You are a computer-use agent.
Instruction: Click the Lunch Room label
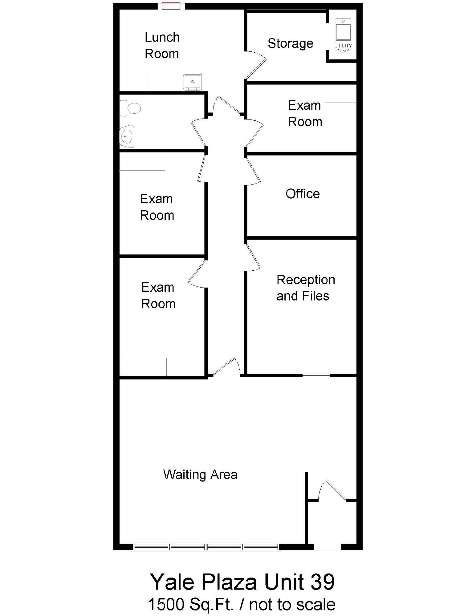(x=162, y=46)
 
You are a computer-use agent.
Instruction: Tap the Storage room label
(x=290, y=44)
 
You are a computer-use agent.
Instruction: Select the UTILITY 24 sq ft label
(x=343, y=48)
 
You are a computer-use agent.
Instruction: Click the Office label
(x=303, y=194)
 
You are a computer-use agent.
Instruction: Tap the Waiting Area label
(x=200, y=475)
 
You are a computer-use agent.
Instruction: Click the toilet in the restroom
(x=131, y=108)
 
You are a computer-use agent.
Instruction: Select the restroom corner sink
(x=127, y=136)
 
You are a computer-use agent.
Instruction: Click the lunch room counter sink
(x=192, y=82)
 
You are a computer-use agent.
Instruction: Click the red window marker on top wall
(x=171, y=6)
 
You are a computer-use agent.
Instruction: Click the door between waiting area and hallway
(x=226, y=367)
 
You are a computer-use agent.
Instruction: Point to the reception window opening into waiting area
(x=316, y=375)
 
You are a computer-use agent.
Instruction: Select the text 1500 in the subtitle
(x=166, y=604)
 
